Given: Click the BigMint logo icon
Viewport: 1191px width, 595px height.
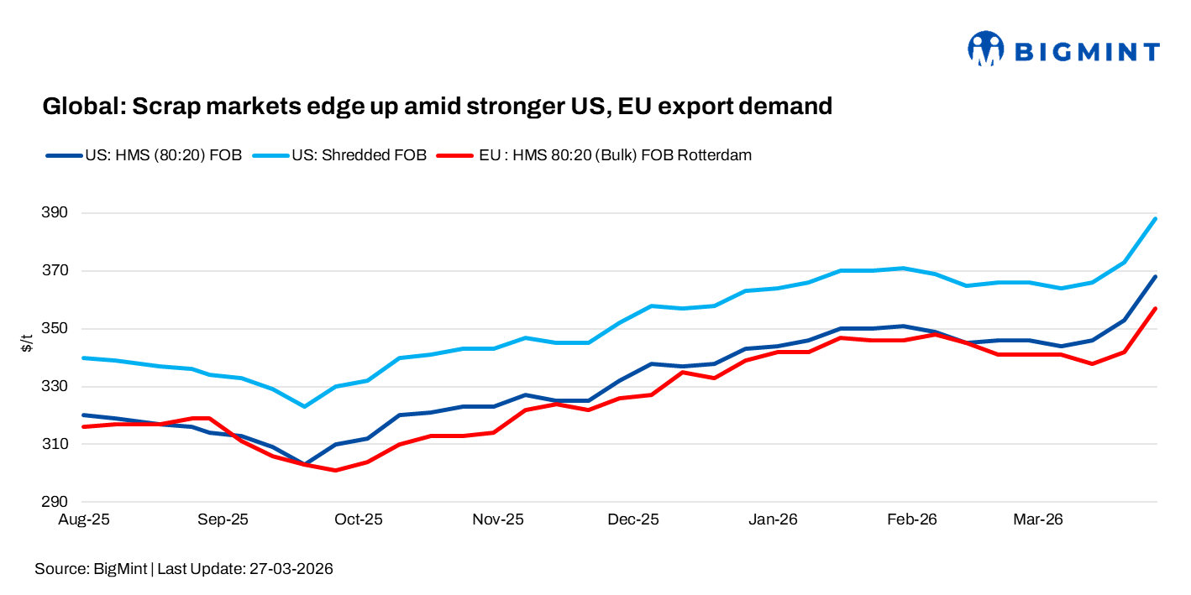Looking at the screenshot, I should point(985,49).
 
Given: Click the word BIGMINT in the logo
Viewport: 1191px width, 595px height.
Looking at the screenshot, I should point(1088,52).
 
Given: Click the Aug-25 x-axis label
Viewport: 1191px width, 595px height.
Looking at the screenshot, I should point(84,519).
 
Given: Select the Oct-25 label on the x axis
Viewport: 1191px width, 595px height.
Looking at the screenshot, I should point(359,519).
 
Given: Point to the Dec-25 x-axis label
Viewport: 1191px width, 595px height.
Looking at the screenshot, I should point(634,519).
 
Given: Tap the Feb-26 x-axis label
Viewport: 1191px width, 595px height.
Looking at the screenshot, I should point(911,519).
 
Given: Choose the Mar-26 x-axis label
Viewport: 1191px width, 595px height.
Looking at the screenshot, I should point(1038,519).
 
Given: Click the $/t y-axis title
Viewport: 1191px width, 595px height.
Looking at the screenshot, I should point(28,342).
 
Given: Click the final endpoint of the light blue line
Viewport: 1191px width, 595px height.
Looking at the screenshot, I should point(1157,219).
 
